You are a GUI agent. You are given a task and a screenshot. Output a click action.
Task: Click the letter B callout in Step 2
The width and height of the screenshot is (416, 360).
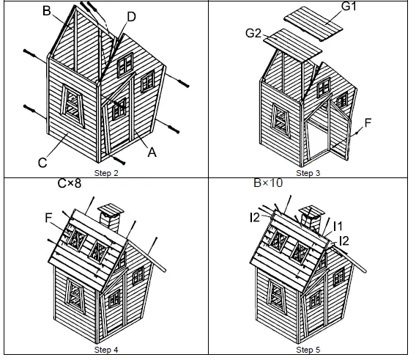coord(46,11)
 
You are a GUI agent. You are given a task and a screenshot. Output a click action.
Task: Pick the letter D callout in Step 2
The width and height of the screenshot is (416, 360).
coord(130,16)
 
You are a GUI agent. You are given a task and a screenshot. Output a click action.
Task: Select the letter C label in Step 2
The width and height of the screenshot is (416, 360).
coord(43,163)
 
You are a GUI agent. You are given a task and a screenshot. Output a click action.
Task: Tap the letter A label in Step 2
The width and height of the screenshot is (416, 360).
coord(152,153)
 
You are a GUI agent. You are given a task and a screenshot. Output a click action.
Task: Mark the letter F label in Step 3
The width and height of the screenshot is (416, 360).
coord(368,122)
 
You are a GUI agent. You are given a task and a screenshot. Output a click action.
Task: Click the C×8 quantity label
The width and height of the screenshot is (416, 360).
coord(71,184)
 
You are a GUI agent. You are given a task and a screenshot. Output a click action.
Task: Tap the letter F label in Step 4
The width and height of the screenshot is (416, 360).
coord(48,217)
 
